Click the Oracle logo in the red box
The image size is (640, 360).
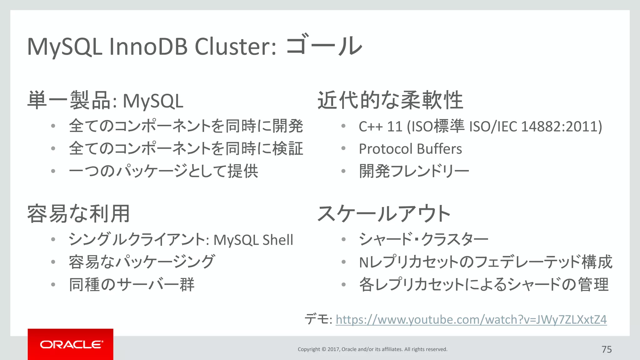click(71, 344)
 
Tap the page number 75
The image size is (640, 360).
click(607, 349)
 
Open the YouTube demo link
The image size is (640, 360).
click(471, 320)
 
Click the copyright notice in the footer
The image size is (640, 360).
click(372, 349)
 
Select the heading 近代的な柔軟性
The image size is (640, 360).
click(390, 100)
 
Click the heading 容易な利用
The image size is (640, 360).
click(78, 214)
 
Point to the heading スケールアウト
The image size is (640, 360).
click(384, 214)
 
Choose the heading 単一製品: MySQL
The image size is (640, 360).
click(105, 101)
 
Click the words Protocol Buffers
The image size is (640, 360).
click(410, 149)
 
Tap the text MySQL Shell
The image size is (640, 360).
click(253, 240)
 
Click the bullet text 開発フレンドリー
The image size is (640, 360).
click(414, 171)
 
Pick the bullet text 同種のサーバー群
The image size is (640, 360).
click(132, 284)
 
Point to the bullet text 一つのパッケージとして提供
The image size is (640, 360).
click(163, 171)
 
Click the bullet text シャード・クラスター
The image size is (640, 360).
click(423, 239)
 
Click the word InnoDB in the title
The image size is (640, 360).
click(148, 47)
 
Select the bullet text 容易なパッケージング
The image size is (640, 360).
click(142, 262)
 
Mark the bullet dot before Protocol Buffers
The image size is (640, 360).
click(343, 148)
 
